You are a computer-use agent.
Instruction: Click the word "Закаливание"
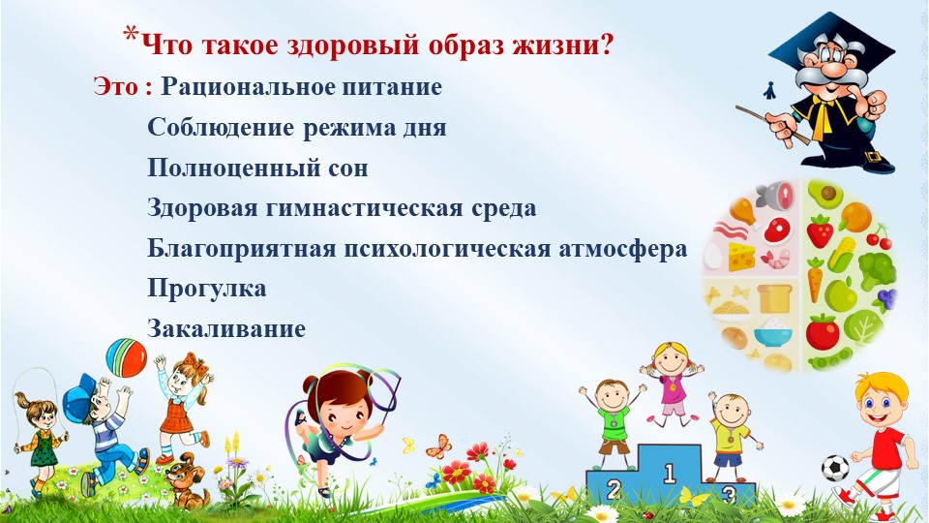pyautogui.click(x=226, y=328)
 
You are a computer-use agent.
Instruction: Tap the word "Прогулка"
pyautogui.click(x=207, y=290)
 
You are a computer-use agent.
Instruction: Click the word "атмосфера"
pyautogui.click(x=622, y=250)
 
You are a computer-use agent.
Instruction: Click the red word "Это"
pyautogui.click(x=115, y=87)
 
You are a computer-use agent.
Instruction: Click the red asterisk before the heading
pyautogui.click(x=131, y=35)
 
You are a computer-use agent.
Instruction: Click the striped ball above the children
pyautogui.click(x=126, y=357)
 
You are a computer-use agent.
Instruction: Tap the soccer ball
pyautogui.click(x=835, y=468)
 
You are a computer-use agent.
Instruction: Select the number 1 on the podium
pyautogui.click(x=670, y=474)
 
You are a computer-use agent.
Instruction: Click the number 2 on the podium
pyautogui.click(x=614, y=490)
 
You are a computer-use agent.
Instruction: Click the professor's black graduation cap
pyautogui.click(x=832, y=44)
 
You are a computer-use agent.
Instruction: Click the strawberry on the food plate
pyautogui.click(x=820, y=231)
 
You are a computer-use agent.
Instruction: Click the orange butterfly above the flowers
pyautogui.click(x=439, y=446)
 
